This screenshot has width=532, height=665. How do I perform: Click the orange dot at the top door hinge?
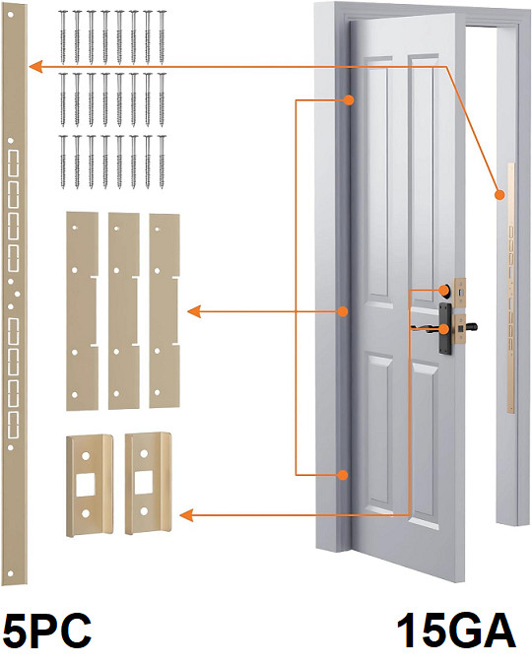coord(349,100)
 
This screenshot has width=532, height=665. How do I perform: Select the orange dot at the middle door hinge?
coord(343,311)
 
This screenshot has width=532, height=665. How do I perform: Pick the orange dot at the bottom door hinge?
coord(343,475)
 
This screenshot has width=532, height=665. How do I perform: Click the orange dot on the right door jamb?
coord(500,195)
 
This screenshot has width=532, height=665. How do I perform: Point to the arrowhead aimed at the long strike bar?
coord(35,67)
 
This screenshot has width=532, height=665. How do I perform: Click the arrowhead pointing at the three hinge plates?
coord(194,312)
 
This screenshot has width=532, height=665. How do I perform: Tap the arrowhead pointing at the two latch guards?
coord(186,515)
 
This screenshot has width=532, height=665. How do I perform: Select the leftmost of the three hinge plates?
coord(82,311)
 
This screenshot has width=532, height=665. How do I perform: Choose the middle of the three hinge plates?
coord(123,311)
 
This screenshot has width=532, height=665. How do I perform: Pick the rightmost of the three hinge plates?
coord(164,311)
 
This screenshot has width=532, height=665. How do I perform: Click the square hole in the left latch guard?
coord(86,485)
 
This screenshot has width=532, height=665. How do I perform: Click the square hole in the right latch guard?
coord(144,483)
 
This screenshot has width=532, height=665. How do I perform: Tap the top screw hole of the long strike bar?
coord(11,15)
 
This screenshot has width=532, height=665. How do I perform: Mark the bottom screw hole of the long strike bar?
coord(11,573)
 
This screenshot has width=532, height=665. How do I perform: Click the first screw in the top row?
coord(63,37)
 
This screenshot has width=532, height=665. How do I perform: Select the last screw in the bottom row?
coord(162,162)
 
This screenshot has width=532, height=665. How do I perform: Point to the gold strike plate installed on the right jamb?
coord(510,288)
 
